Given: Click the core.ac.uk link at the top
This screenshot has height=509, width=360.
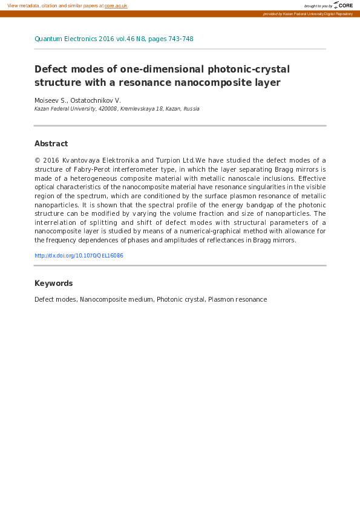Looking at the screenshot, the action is (116, 5).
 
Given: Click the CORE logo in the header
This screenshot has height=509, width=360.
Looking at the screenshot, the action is (343, 5).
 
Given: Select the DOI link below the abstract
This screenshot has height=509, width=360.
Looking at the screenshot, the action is (79, 256).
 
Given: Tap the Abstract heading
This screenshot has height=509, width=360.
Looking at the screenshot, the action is (51, 144).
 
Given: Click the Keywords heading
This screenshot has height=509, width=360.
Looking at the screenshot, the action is (53, 284).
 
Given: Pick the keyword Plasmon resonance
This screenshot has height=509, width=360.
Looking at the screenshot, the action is (237, 299).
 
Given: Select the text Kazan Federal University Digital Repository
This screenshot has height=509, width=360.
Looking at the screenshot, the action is (318, 13).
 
